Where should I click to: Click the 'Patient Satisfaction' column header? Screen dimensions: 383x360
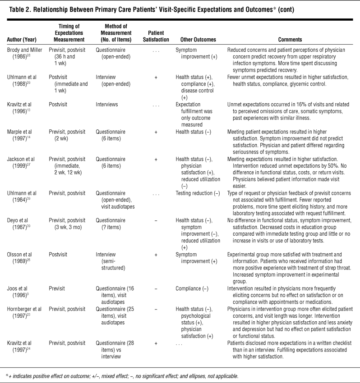point(156,36)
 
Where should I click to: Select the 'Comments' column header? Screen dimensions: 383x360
point(290,40)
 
